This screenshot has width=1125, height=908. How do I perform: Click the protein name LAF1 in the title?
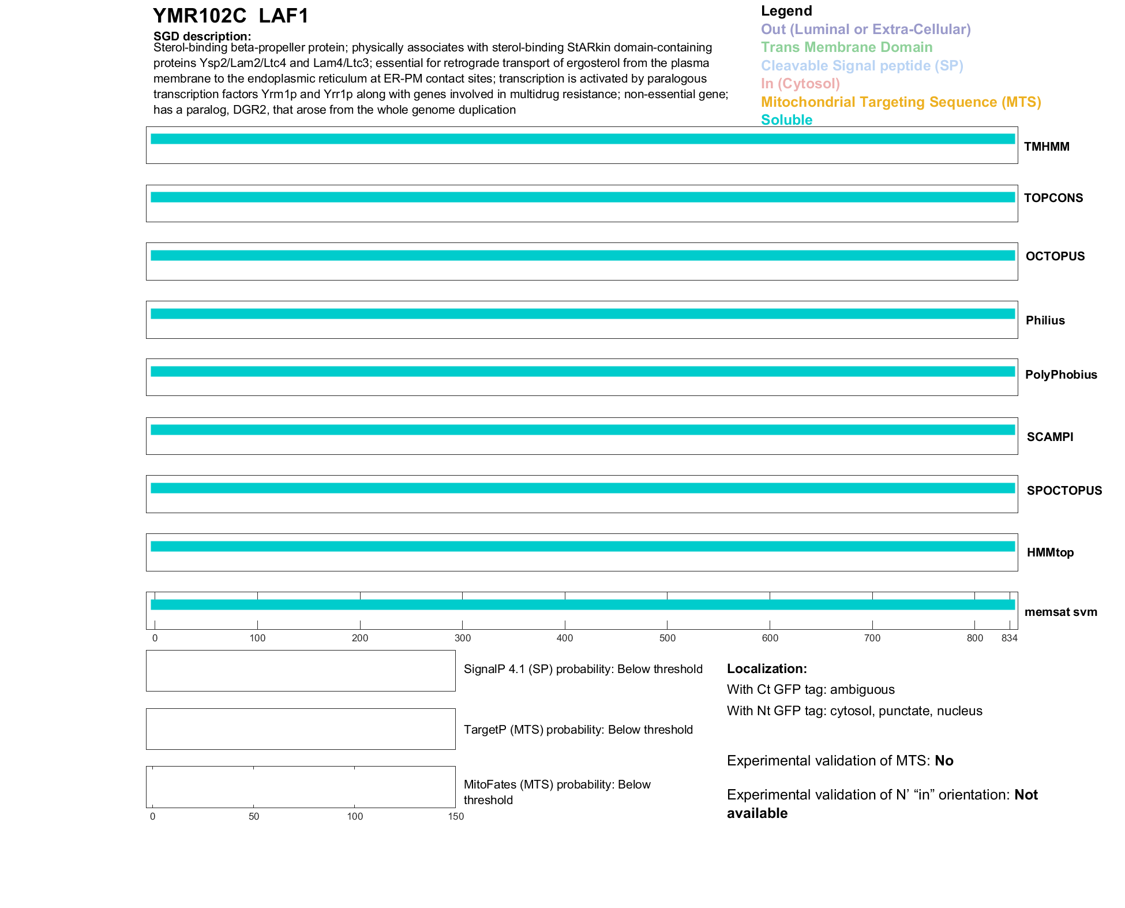click(283, 16)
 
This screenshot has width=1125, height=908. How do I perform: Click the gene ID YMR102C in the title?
click(199, 16)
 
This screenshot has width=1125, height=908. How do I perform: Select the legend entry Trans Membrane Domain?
click(846, 47)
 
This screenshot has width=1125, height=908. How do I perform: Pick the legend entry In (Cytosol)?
click(800, 84)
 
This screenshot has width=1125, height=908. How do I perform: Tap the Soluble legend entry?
click(786, 120)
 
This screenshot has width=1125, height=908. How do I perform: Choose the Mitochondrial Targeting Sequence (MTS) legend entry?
click(901, 102)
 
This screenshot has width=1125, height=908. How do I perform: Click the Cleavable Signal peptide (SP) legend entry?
click(862, 66)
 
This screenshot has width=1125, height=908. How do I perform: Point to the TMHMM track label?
click(1047, 147)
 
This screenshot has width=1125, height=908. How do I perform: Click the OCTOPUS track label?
click(1055, 256)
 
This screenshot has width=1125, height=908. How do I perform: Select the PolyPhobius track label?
click(1060, 375)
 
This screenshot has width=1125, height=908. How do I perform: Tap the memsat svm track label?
click(1060, 612)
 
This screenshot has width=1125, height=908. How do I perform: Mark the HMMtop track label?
click(1050, 552)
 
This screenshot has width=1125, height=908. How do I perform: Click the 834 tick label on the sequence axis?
click(1009, 638)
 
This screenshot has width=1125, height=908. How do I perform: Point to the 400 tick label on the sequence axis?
click(565, 638)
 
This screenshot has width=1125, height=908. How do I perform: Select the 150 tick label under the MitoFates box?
click(456, 816)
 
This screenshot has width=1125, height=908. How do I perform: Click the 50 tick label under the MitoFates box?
click(254, 816)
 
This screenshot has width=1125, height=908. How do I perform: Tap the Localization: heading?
click(767, 668)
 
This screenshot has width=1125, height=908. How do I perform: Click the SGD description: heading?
click(202, 36)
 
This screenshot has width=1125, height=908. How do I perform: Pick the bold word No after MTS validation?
click(944, 761)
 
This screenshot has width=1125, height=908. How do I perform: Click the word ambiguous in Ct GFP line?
click(862, 690)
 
